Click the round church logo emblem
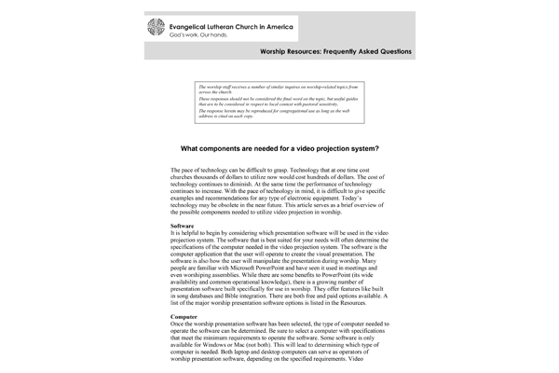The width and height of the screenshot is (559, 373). pyautogui.click(x=158, y=26)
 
